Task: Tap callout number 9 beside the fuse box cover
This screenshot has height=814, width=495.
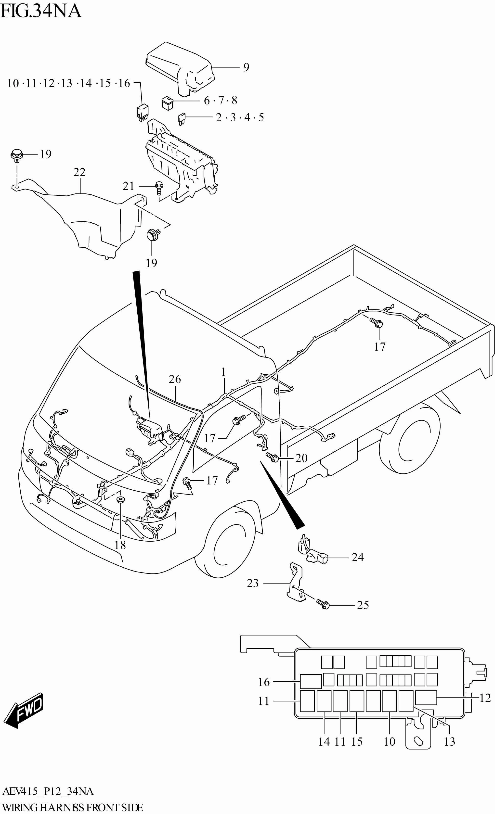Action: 246,67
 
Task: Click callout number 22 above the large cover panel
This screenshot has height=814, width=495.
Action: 79,172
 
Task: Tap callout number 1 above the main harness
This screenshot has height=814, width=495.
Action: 223,372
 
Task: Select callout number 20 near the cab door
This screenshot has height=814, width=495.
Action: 301,458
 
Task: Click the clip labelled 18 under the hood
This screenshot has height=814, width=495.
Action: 121,499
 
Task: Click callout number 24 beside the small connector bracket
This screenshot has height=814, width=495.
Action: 358,557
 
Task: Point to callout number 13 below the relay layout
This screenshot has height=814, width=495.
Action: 449,741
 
